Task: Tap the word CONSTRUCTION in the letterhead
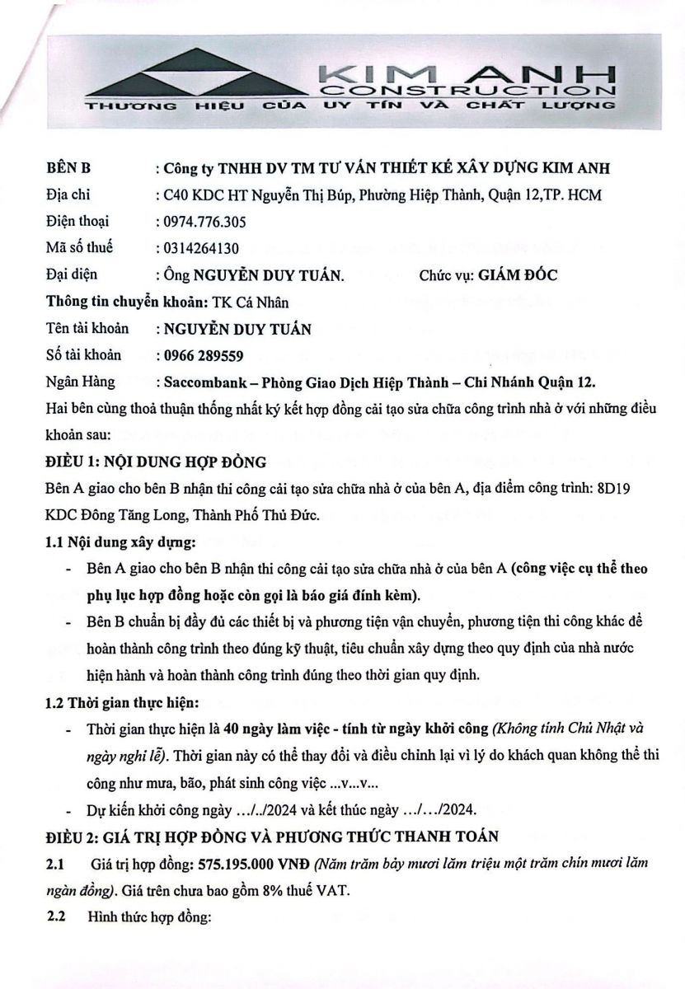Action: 467,90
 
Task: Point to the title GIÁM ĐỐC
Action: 518,275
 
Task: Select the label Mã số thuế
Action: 79,247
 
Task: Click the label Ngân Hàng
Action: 81,382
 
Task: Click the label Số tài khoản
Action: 83,355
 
